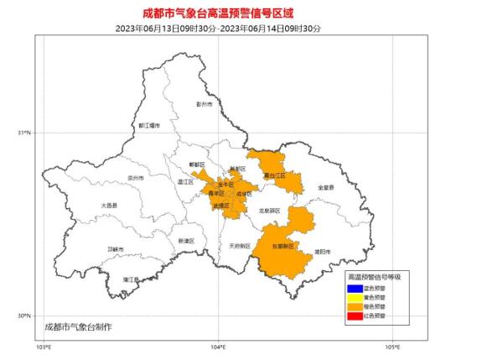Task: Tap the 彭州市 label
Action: (x=205, y=105)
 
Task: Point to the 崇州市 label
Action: (x=135, y=178)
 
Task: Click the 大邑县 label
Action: (x=109, y=205)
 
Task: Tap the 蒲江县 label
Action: (x=130, y=279)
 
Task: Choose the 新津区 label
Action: (x=186, y=241)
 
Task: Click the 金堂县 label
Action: (x=325, y=186)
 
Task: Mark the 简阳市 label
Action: (x=322, y=251)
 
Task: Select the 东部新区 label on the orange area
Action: (x=283, y=247)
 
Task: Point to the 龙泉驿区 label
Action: (x=269, y=211)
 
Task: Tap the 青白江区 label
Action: (x=274, y=175)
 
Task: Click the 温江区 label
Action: (x=186, y=180)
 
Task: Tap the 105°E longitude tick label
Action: (x=392, y=347)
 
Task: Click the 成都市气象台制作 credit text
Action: (x=77, y=326)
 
